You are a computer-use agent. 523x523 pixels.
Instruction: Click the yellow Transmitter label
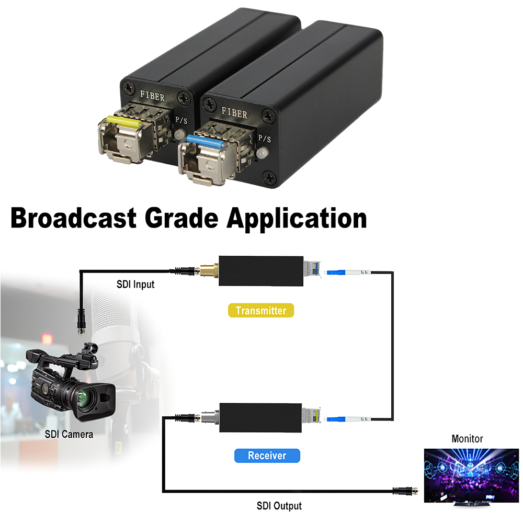pos(261,311)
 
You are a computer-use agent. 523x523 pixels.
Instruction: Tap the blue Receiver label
pos(267,456)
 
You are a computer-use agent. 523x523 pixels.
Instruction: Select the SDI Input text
pos(135,284)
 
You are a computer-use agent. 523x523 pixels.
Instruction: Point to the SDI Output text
pos(279,506)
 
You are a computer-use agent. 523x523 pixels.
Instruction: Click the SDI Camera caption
pos(69,434)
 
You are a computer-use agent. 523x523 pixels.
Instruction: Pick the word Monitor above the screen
pos(467,439)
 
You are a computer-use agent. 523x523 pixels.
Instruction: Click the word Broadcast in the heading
pos(74,218)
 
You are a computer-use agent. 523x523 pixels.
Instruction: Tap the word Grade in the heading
pos(182,218)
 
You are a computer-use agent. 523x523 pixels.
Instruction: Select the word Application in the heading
pos(297,220)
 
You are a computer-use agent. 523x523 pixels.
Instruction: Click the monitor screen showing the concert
pos(471,475)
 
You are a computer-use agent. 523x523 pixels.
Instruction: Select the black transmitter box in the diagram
pos(261,271)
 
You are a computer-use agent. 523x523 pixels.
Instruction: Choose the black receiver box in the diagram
pos(260,417)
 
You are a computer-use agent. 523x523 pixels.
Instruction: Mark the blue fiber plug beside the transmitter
pos(336,272)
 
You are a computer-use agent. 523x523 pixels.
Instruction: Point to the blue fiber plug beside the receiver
pos(336,419)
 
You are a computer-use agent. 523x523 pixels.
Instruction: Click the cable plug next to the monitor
pos(405,491)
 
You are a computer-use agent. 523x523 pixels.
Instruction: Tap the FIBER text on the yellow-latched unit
pos(152,96)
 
